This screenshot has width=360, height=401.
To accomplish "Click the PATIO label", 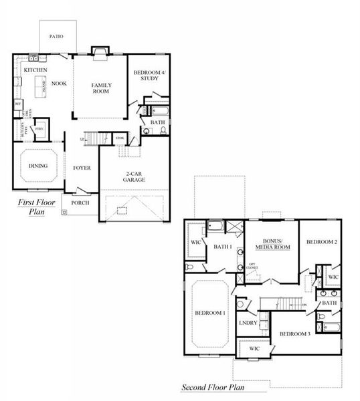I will pyautogui.click(x=57, y=36).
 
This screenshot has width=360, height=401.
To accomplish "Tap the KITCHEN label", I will pyautogui.click(x=34, y=70).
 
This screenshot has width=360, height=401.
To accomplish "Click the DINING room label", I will pyautogui.click(x=37, y=165).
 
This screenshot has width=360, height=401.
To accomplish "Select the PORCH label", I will pyautogui.click(x=80, y=203).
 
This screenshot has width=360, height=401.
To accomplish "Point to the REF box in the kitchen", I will pyautogui.click(x=18, y=104).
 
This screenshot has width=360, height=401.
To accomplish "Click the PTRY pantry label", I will pyautogui.click(x=39, y=128).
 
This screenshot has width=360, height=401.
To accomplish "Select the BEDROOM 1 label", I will pyautogui.click(x=210, y=312).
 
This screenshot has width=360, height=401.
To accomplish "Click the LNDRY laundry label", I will pyautogui.click(x=248, y=323).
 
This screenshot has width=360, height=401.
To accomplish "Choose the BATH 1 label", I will pyautogui.click(x=222, y=247).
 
